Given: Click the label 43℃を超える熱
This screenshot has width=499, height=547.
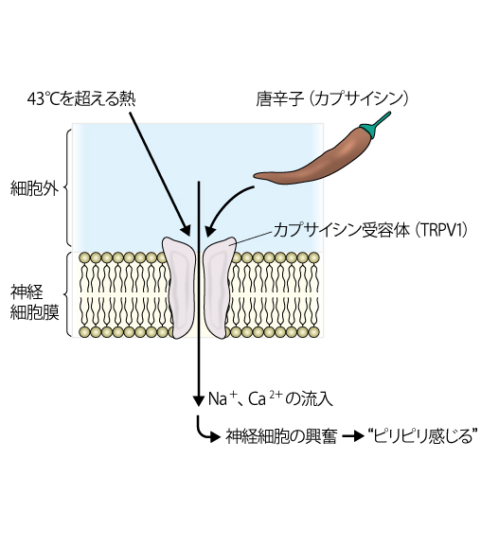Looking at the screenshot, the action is coord(81,98).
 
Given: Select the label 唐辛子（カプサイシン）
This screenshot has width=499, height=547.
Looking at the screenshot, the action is coord(332,98).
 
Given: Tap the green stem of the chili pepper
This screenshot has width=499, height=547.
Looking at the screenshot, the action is coord(376,125).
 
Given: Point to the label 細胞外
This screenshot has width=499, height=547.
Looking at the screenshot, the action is coord(34,188).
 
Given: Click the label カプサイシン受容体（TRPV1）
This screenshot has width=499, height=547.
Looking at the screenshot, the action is coord(370,230).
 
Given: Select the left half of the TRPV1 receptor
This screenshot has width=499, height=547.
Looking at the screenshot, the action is coord(179,288).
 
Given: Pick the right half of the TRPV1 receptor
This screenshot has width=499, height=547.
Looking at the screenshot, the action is coord(218,288).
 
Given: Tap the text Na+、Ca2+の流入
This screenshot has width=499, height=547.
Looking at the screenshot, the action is coord(271,398).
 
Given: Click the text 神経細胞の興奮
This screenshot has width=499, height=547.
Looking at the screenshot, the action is coord(281,436).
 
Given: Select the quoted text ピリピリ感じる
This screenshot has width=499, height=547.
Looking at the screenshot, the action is coord(422,436).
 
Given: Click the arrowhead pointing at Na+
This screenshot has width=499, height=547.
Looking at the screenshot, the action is coord(199,401).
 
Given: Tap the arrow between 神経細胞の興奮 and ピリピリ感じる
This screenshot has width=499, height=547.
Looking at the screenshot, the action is coord(353,436).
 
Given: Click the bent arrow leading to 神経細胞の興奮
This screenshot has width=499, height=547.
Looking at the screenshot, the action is coord(205,432).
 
